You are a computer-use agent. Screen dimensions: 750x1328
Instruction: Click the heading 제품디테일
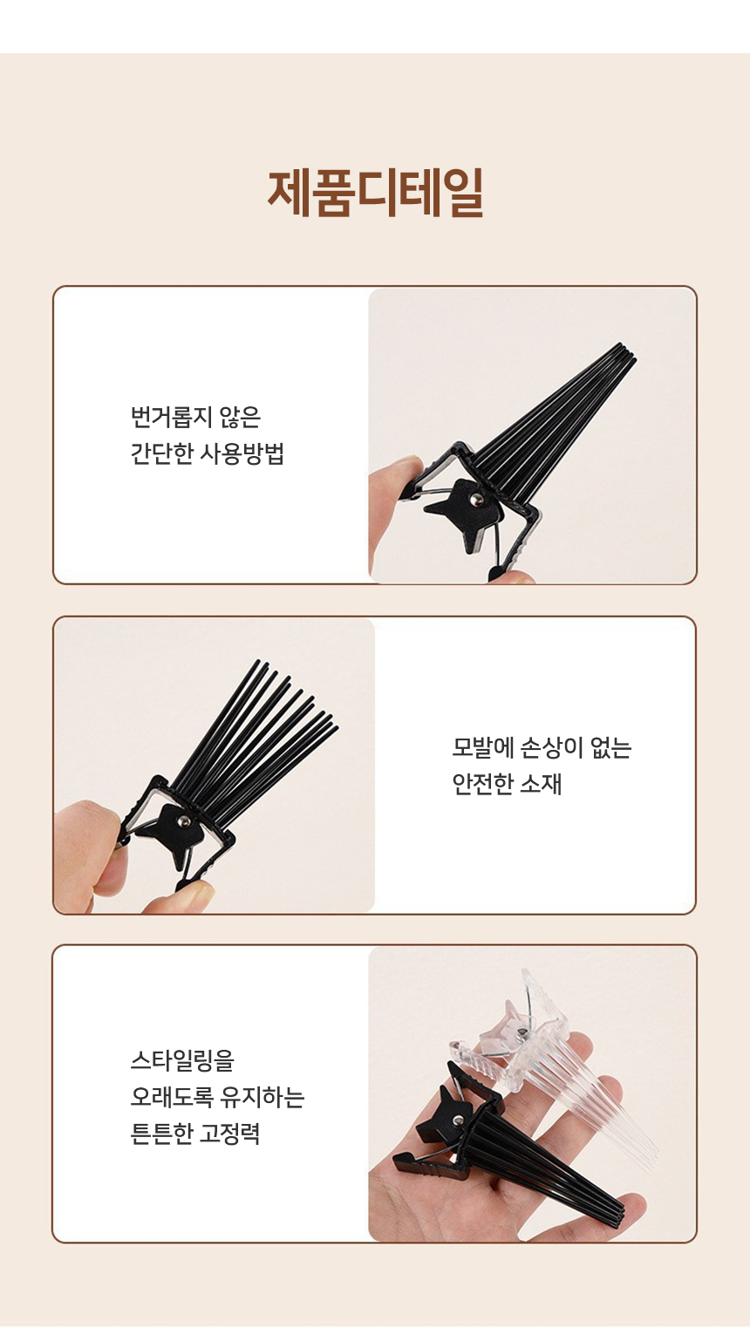click(x=375, y=193)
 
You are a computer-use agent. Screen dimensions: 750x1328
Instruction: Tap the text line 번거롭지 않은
click(x=195, y=417)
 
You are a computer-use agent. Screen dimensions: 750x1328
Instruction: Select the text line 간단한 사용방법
click(x=208, y=453)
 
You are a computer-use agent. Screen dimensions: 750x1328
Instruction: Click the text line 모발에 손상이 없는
click(x=542, y=747)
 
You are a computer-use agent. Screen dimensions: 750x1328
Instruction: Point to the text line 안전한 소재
click(x=507, y=784)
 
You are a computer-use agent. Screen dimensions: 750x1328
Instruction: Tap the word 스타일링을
click(x=182, y=1060)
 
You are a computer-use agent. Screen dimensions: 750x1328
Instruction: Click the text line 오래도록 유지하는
click(x=218, y=1097)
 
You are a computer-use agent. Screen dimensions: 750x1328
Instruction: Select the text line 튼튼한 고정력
click(x=195, y=1133)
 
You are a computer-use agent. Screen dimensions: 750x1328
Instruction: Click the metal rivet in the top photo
click(x=475, y=501)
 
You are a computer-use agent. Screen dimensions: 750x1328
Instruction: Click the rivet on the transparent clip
click(x=521, y=1034)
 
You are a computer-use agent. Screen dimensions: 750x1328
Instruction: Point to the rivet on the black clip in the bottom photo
click(x=459, y=1120)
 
